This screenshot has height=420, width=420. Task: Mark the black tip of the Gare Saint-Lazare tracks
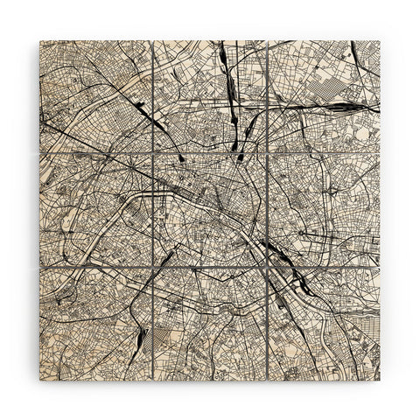pyautogui.click(x=180, y=158)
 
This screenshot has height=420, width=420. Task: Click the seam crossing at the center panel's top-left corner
pyautogui.click(x=153, y=153)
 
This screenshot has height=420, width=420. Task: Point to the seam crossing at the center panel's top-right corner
pyautogui.click(x=267, y=153)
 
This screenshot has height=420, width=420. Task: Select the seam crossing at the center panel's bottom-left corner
pyautogui.click(x=153, y=267)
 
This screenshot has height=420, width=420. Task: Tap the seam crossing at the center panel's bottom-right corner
pyautogui.click(x=267, y=267)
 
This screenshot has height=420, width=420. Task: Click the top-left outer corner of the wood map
pyautogui.click(x=40, y=40)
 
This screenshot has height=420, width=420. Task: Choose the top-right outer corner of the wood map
pyautogui.click(x=380, y=40)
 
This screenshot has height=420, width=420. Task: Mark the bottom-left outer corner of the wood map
pyautogui.click(x=40, y=380)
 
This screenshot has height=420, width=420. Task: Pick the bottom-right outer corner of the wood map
pyautogui.click(x=380, y=380)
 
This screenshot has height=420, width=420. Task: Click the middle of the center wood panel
pyautogui.click(x=210, y=210)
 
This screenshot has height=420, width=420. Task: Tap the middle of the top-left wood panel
pyautogui.click(x=96, y=96)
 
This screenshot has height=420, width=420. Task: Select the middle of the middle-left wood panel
pyautogui.click(x=96, y=210)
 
